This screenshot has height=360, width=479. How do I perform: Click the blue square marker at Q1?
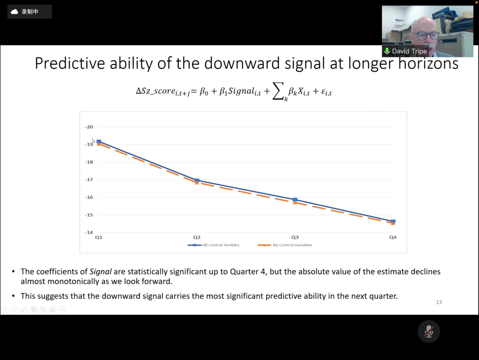(x=99, y=142)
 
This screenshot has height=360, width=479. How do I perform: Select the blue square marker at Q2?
(x=197, y=180)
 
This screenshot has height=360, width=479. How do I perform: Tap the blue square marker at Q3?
(x=295, y=200)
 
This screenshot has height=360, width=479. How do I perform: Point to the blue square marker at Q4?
(x=393, y=222)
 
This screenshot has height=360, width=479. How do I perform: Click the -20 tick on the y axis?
(x=89, y=127)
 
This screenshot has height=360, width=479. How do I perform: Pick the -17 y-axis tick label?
(x=89, y=180)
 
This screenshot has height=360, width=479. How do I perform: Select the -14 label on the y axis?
(x=89, y=232)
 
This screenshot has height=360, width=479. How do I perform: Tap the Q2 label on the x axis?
(x=197, y=237)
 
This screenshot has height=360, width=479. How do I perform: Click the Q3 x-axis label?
(x=295, y=237)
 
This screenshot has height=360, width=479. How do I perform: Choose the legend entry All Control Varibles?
(x=214, y=245)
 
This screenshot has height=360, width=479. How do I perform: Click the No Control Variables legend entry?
(x=285, y=245)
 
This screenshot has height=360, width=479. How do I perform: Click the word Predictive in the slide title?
(x=70, y=64)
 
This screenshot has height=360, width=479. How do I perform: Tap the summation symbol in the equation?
(x=278, y=91)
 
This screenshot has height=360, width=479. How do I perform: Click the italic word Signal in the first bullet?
(x=100, y=272)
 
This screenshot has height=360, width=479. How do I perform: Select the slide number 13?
(x=439, y=303)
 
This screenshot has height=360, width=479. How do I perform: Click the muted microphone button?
(x=429, y=331)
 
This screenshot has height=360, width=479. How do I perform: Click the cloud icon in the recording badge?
(x=14, y=12)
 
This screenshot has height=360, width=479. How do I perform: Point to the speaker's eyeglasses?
(x=427, y=36)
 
